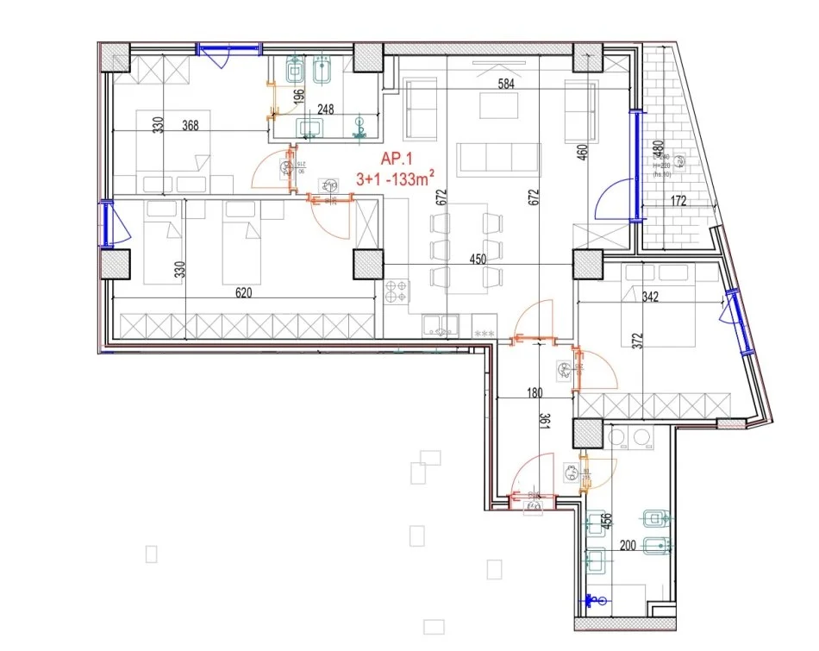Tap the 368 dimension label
point(190,125)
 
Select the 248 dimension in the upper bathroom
point(325,110)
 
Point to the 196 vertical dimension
point(298,97)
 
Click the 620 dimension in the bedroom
point(243,293)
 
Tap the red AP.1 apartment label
point(398,159)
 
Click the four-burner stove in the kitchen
point(397,291)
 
